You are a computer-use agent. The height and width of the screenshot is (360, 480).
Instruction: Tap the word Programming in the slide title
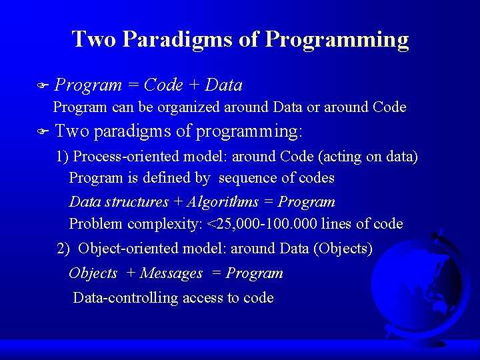pyautogui.click(x=337, y=39)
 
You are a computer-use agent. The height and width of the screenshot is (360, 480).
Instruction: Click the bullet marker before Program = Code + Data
pyautogui.click(x=43, y=86)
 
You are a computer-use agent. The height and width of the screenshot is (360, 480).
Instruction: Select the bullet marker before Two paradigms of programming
pyautogui.click(x=43, y=132)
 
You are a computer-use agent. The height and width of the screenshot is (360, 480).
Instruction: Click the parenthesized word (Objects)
pyautogui.click(x=342, y=249)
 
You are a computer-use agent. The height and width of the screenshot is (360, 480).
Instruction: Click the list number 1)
pyautogui.click(x=63, y=157)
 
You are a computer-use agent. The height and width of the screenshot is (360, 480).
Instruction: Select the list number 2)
pyautogui.click(x=63, y=249)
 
